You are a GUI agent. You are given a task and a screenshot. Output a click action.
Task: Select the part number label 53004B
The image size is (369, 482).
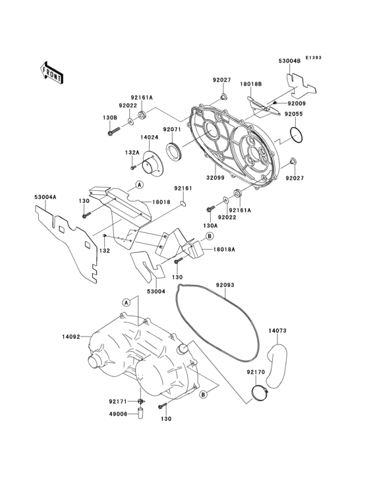289,61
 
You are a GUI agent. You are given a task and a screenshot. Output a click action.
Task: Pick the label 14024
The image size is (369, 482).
149,138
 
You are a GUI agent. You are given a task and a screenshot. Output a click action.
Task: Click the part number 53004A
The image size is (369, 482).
45,196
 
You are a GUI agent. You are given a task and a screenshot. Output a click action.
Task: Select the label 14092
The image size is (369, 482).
71,336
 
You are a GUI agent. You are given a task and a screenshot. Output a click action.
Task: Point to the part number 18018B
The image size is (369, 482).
250,84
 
